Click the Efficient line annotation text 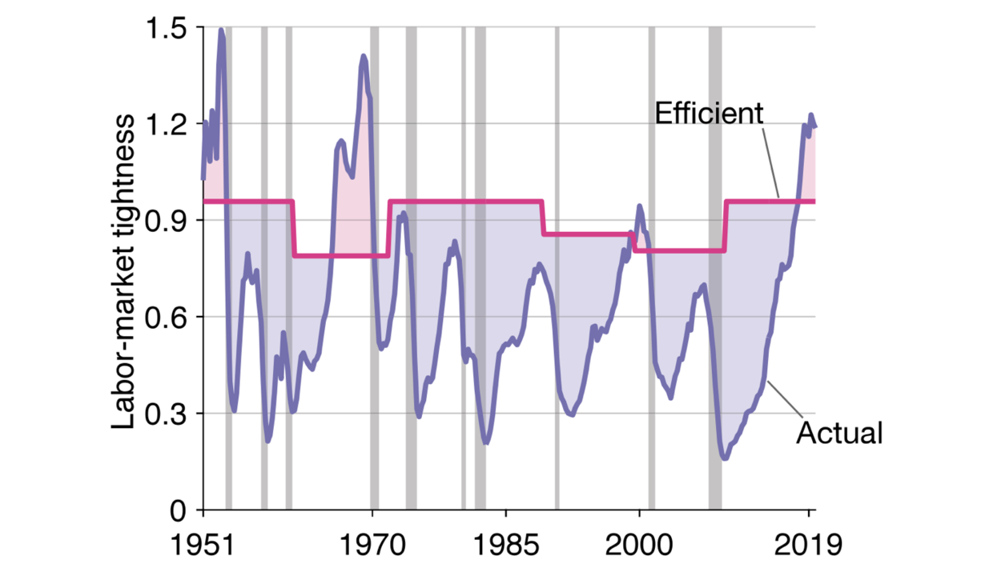point(709,114)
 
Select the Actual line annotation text point(839,433)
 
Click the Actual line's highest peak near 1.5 point(221,30)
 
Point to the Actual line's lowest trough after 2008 point(725,458)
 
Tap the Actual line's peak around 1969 point(364,56)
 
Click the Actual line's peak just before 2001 point(639,206)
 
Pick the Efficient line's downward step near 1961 point(293,228)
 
